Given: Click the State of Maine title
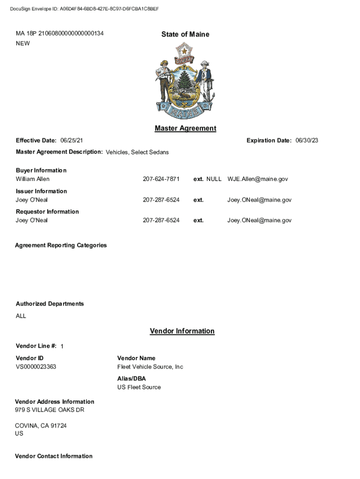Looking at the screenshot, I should coord(185,34).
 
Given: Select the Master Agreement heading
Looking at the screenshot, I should coord(185,128).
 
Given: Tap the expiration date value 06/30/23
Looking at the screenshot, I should coord(307,140).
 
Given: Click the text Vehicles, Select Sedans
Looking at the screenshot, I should coord(137,152).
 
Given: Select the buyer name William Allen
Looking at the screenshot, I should coord(33,179).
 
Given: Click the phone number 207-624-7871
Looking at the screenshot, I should coord(161,179).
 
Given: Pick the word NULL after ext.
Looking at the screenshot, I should coord(214,179).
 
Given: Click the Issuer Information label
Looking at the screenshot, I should coord(41,191).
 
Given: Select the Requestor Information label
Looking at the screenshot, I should coord(47,211).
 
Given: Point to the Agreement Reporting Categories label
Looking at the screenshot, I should coord(61,245).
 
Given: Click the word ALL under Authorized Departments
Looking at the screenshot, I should coord(21,316).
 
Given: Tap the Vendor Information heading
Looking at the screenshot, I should coord(182,331).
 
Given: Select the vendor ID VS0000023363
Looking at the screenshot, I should coord(36,367).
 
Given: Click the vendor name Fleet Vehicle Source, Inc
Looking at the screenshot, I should coord(150,367).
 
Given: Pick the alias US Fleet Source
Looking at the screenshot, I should coord(139,387).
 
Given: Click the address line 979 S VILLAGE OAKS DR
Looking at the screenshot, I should coord(50,410).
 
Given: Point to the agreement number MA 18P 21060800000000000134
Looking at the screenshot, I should coord(60,34).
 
